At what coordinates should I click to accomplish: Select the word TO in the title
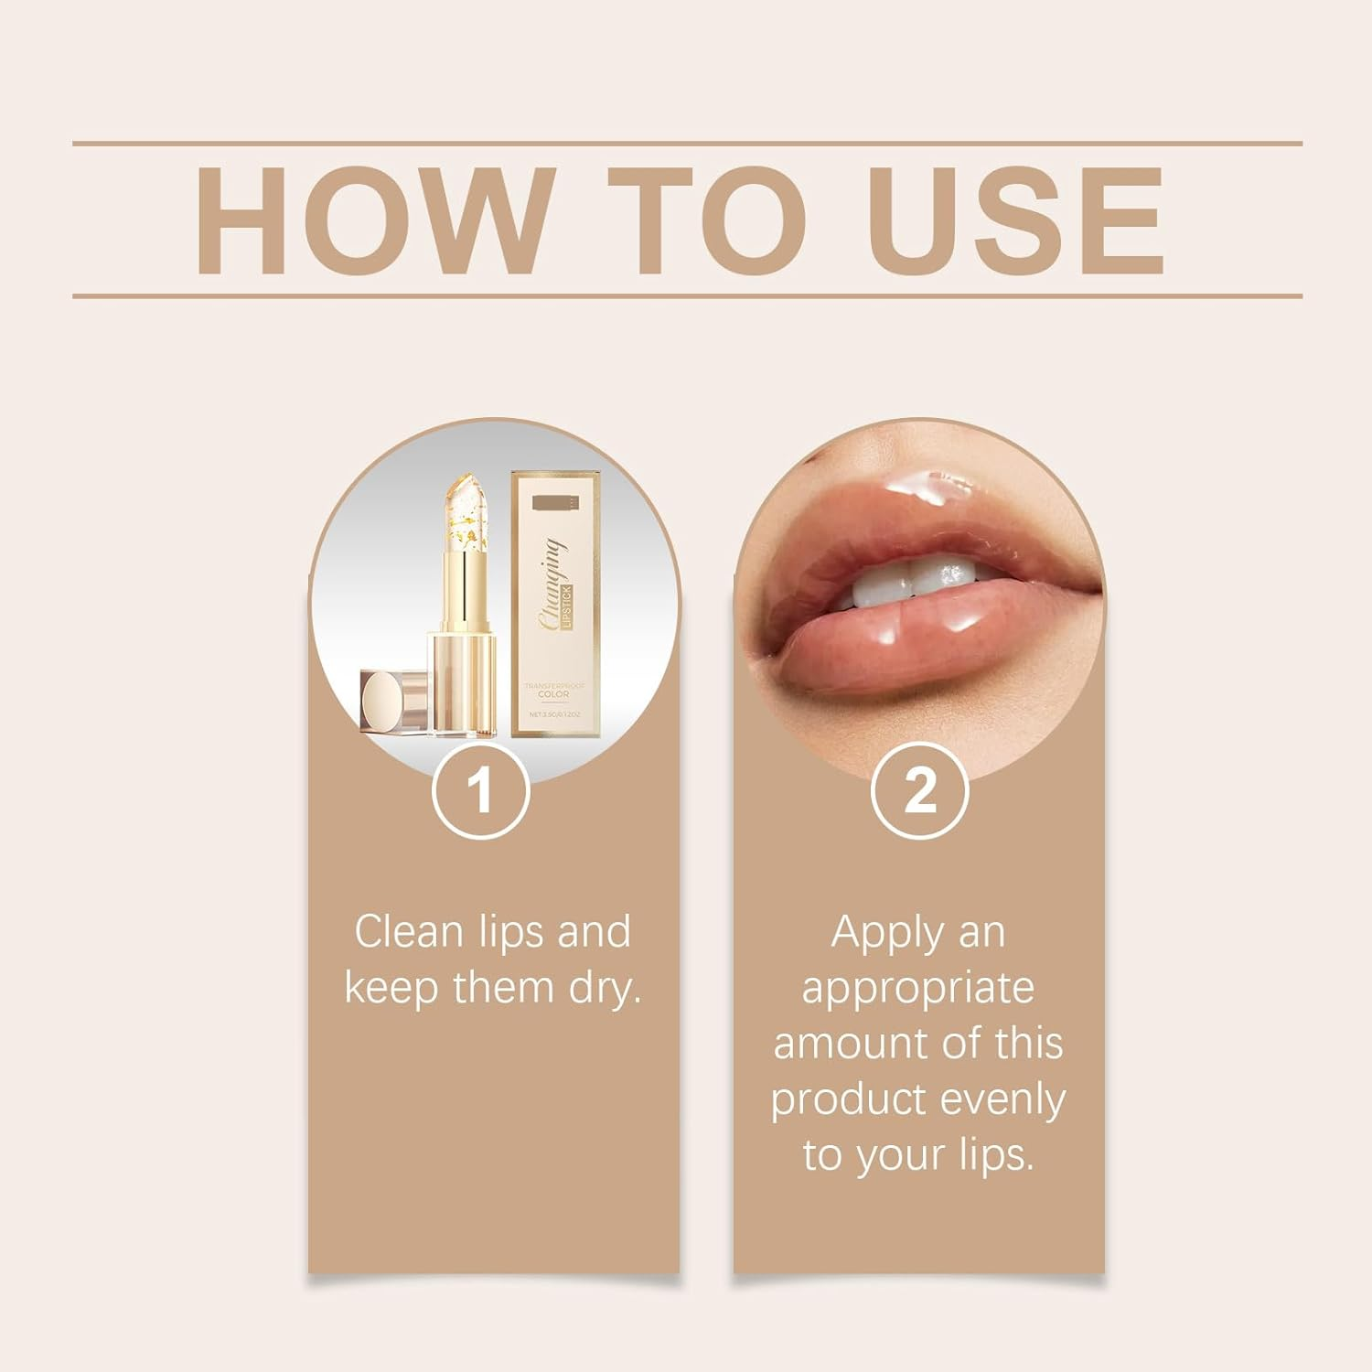pos(709,221)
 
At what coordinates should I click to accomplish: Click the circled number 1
pos(480,790)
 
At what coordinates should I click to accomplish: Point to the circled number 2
pos(919,790)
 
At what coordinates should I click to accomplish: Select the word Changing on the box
pos(552,585)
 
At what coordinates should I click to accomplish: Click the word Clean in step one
pos(410,932)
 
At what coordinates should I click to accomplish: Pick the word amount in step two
pos(842,1044)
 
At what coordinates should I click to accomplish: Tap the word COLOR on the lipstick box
pos(553,694)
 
